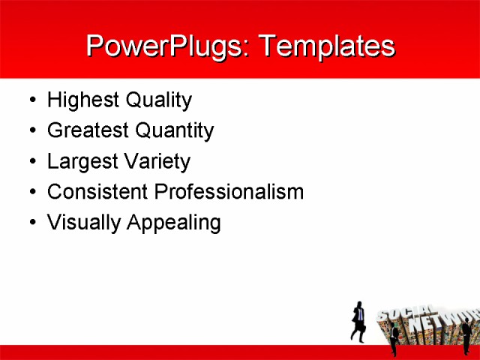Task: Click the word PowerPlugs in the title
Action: (x=168, y=46)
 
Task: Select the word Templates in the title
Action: (x=325, y=46)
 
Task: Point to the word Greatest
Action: (x=87, y=131)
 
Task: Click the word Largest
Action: (x=79, y=162)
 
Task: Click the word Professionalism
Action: (x=229, y=192)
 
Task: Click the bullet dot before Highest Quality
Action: (x=31, y=100)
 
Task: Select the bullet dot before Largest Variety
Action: (x=31, y=162)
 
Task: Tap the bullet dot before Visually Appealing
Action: (x=31, y=223)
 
